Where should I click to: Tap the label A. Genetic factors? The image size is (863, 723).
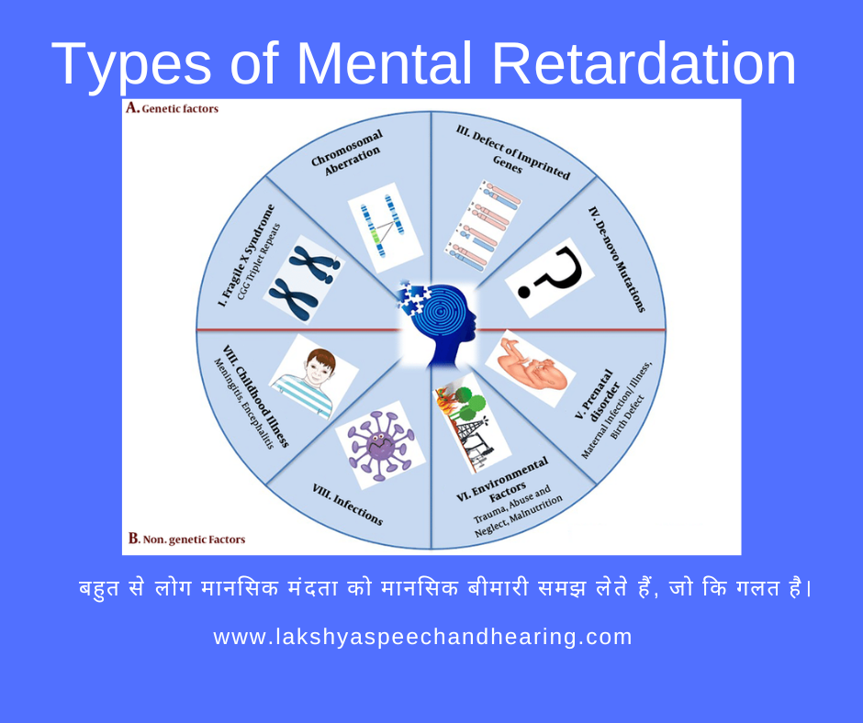pyautogui.click(x=172, y=108)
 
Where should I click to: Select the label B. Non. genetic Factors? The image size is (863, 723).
pyautogui.click(x=186, y=539)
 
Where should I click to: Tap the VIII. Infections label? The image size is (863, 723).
pyautogui.click(x=347, y=504)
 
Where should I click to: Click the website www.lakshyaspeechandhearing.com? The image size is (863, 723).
pyautogui.click(x=423, y=637)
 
